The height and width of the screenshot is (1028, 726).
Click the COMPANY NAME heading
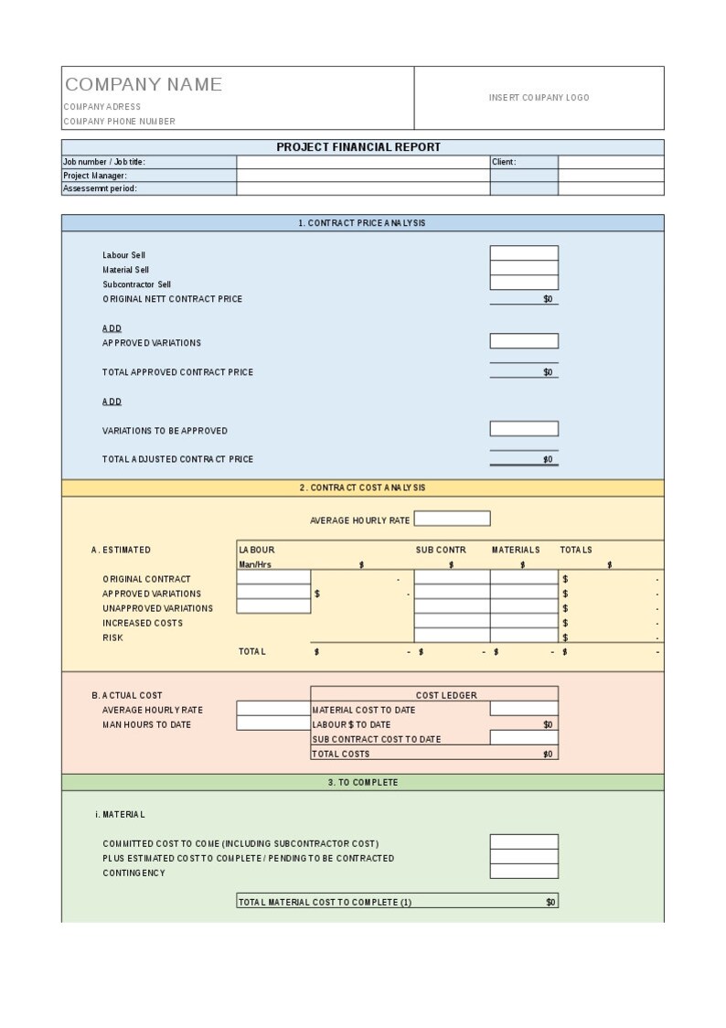144,85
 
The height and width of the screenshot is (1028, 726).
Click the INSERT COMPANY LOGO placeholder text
539,98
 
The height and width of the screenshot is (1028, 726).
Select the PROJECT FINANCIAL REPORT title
358,147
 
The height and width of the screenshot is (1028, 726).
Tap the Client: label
504,162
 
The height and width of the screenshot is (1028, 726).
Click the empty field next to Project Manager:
363,176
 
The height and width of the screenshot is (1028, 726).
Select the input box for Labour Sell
524,253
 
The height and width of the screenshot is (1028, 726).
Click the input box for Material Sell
524,268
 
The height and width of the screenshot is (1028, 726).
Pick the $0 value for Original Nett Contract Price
547,299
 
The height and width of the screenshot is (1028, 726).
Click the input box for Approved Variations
524,341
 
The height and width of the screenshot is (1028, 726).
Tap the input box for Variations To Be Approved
524,429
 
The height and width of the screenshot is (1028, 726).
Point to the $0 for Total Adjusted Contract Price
547,459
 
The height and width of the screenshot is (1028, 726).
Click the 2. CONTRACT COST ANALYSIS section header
362,488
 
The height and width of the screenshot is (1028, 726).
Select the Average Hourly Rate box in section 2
452,519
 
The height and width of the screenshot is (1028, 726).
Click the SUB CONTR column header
441,550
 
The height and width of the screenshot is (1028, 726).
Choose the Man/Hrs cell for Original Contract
273,578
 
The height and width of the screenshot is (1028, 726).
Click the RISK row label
112,637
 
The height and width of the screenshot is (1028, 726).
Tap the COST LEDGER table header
446,695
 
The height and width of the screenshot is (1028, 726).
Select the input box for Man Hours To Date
273,723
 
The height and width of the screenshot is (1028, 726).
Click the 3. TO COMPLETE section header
362,783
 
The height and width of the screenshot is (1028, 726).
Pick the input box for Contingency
524,872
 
